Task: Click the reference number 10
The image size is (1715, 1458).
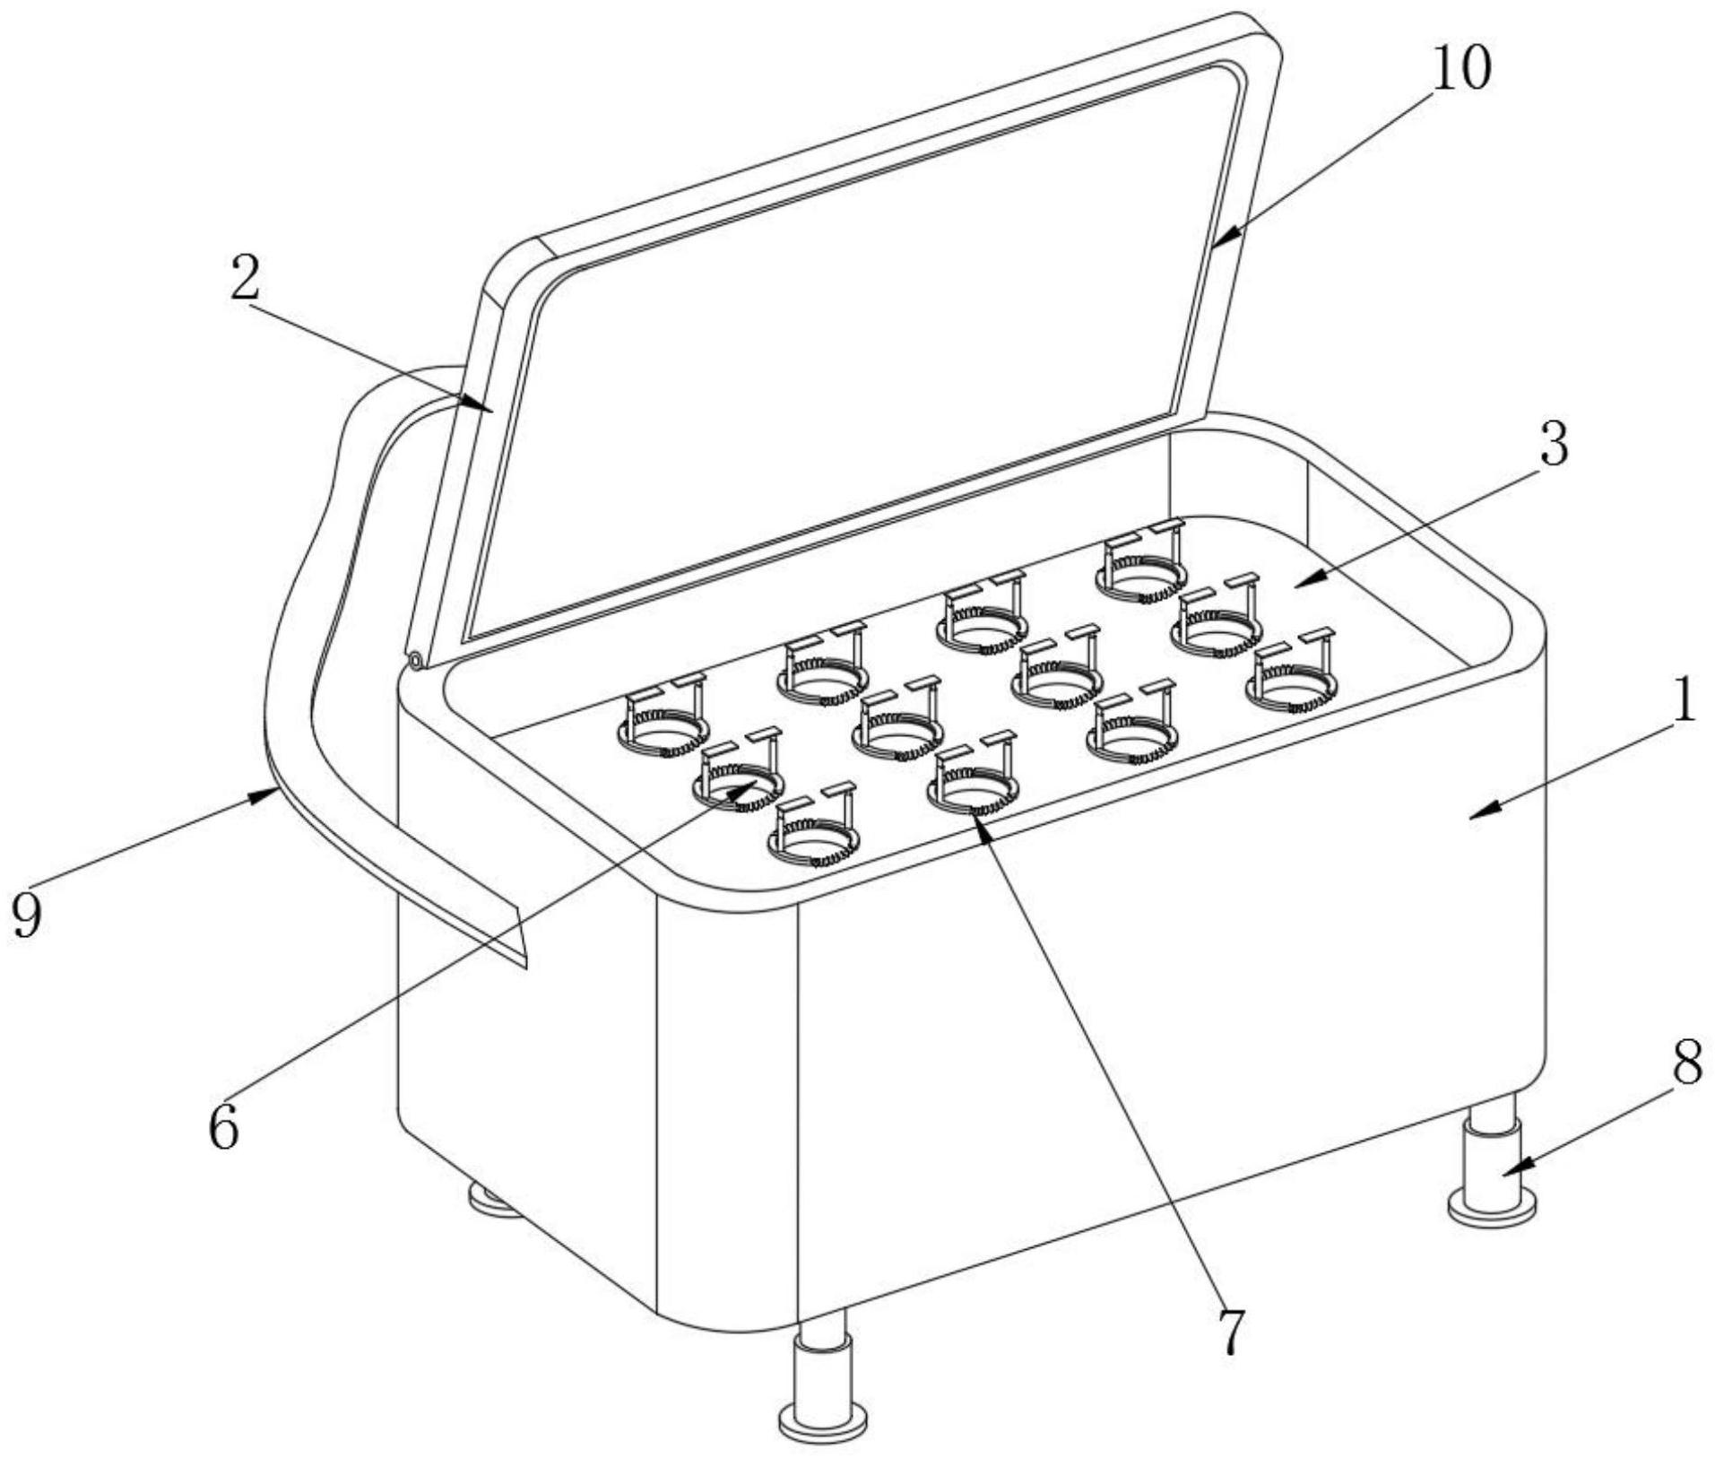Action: pos(1460,69)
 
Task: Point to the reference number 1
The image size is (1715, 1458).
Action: pos(1685,700)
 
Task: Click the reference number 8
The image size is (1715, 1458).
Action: pos(1687,1065)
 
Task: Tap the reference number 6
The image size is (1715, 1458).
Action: pos(223,1127)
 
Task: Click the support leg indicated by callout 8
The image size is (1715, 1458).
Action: pos(1492,1162)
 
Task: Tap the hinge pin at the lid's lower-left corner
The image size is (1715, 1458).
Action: pos(417,661)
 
